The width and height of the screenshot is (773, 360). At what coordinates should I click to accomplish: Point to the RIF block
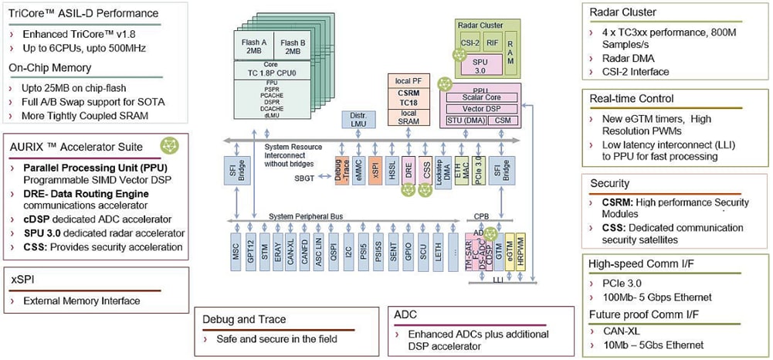(x=493, y=45)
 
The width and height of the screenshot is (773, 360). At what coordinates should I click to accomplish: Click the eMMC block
(x=358, y=168)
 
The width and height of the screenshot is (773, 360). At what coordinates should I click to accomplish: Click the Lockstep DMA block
(x=443, y=168)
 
